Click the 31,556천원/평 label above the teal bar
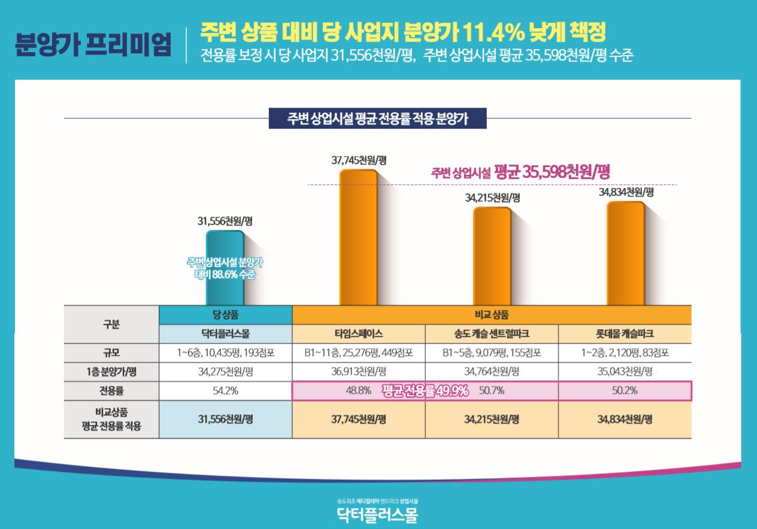pyautogui.click(x=225, y=221)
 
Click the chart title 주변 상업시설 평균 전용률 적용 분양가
pyautogui.click(x=378, y=118)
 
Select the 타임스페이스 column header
pyautogui.click(x=358, y=334)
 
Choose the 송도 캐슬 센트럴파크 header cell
pyautogui.click(x=492, y=334)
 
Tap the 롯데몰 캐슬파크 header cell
pyautogui.click(x=625, y=334)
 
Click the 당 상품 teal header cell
pyautogui.click(x=225, y=315)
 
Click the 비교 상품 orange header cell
pyautogui.click(x=492, y=315)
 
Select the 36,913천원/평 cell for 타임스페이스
pyautogui.click(x=358, y=372)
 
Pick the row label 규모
pyautogui.click(x=111, y=352)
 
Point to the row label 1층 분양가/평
pyautogui.click(x=111, y=372)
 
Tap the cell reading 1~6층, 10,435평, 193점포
pyautogui.click(x=225, y=352)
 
